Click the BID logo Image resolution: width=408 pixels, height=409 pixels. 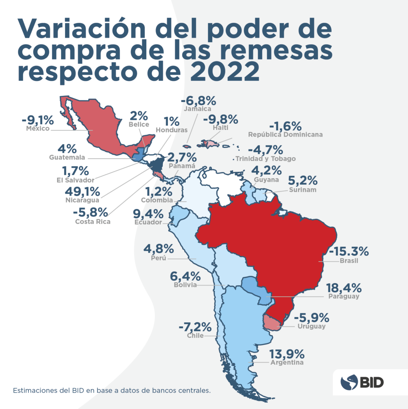362,382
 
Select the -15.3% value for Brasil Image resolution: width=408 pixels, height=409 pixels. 348,252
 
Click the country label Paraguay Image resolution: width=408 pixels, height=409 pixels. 344,296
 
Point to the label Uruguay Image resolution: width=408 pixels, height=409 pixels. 312,326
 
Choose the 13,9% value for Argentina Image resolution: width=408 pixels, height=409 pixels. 287,354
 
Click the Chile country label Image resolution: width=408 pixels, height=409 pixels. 195,336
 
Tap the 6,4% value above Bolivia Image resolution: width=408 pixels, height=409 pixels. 185,276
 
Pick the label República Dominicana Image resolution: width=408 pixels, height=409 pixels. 285,135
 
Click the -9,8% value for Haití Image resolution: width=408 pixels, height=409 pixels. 220,119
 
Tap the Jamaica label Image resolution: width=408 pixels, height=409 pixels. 197,108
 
